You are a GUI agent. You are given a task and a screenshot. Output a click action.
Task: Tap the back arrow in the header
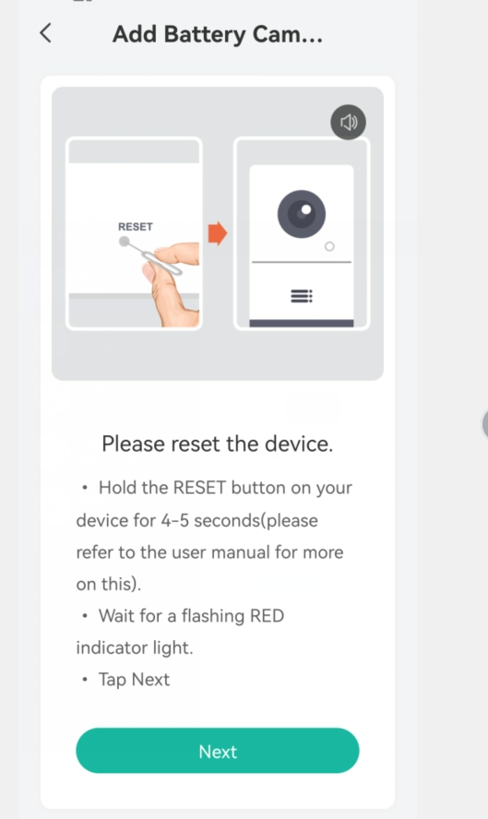click(45, 33)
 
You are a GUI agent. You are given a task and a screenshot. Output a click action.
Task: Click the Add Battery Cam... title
click(218, 34)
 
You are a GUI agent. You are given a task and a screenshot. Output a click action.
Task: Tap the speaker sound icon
click(349, 123)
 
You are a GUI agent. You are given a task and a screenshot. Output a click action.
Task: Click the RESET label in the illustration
click(136, 227)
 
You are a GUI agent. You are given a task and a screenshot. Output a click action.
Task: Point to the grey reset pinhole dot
click(125, 242)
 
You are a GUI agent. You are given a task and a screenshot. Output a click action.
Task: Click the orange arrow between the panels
click(218, 233)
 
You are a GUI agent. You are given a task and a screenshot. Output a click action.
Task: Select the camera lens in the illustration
click(302, 214)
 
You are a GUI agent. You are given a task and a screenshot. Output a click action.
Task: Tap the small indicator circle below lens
click(329, 246)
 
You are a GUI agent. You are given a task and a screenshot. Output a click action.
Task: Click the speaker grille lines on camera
click(302, 296)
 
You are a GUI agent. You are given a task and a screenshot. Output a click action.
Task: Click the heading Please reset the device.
click(218, 444)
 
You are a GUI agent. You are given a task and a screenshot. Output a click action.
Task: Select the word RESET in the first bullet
click(199, 488)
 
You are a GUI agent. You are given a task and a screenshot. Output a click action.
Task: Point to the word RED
click(267, 616)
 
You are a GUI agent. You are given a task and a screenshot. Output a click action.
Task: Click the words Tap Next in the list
click(135, 680)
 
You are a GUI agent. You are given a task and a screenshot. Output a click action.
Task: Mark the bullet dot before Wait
click(85, 616)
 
